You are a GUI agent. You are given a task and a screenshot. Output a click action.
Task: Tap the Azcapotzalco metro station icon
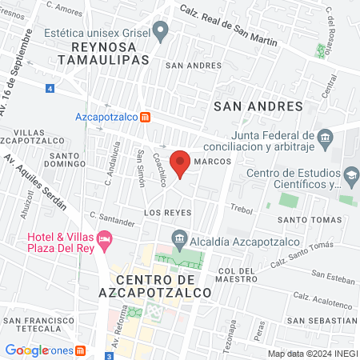tap(145, 117)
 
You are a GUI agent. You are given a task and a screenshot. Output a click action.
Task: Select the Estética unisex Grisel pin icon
tap(161, 33)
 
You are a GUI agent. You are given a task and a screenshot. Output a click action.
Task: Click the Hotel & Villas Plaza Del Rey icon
tap(104, 238)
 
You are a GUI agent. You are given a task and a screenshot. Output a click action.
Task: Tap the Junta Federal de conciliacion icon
tap(325, 137)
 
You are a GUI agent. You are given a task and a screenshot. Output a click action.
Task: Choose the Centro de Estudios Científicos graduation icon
tap(350, 174)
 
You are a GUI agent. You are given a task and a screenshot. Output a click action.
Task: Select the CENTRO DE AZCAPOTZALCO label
tap(163, 286)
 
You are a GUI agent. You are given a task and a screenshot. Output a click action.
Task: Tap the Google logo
tap(27, 350)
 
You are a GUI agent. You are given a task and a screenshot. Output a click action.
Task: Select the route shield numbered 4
tap(50, 87)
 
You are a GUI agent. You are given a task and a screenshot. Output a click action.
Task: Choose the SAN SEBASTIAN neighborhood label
tap(325, 320)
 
